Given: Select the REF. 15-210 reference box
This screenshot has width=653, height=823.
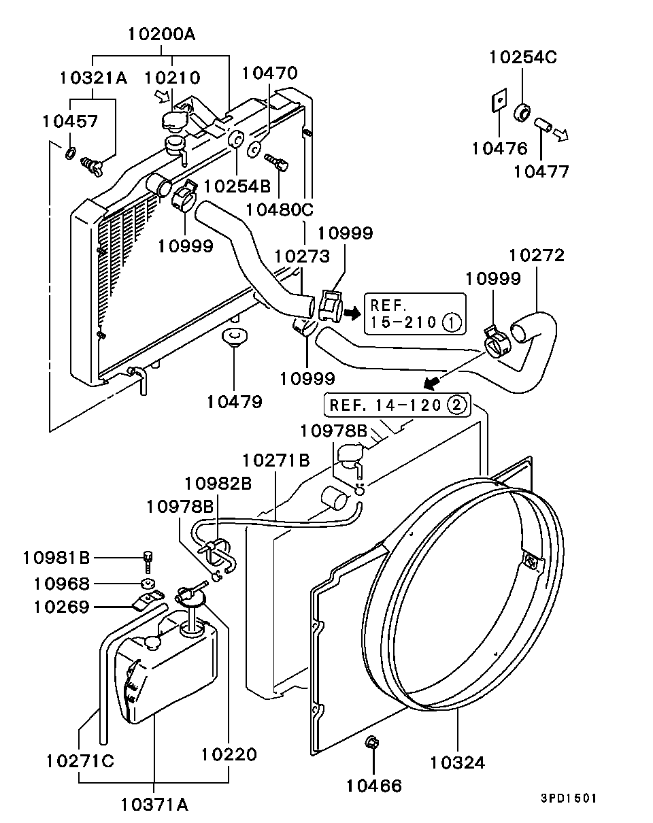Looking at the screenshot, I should pyautogui.click(x=415, y=314).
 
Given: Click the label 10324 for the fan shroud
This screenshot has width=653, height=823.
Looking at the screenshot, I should pyautogui.click(x=457, y=762).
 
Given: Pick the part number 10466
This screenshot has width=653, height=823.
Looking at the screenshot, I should pyautogui.click(x=373, y=786).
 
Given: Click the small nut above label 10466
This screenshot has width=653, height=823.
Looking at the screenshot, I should pyautogui.click(x=371, y=743).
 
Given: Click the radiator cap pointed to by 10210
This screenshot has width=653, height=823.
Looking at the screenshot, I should pyautogui.click(x=174, y=120).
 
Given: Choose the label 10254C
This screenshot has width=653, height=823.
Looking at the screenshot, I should pyautogui.click(x=522, y=57).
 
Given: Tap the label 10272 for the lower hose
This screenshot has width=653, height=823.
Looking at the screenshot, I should pyautogui.click(x=537, y=256).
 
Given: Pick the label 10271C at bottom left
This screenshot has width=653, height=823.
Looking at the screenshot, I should pyautogui.click(x=80, y=760).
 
